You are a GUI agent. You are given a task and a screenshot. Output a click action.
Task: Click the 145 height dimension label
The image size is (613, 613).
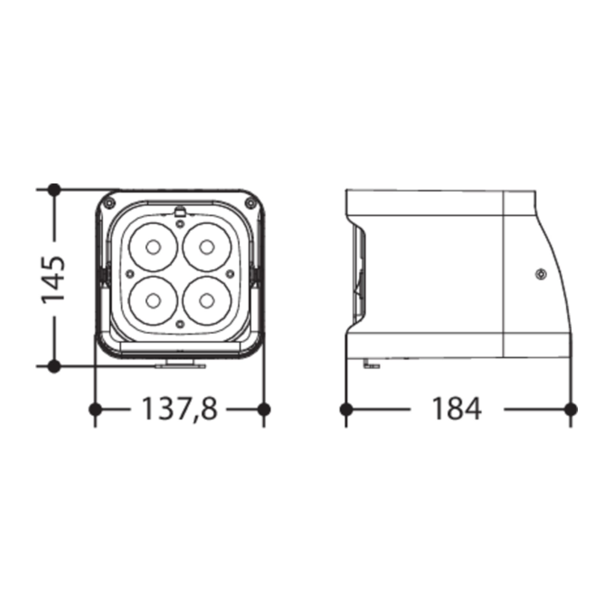click(53, 280)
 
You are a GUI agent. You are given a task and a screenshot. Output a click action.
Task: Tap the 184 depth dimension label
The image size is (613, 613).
click(456, 409)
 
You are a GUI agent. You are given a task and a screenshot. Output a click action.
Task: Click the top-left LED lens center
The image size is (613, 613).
click(153, 247)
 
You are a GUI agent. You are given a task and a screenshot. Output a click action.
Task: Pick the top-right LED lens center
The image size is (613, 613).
click(207, 247)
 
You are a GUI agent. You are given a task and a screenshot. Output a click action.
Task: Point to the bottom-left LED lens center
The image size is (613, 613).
click(153, 301)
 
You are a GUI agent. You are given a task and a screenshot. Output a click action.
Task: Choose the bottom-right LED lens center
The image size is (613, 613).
click(207, 300)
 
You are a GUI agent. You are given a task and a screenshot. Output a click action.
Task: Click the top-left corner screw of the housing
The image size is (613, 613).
click(110, 203)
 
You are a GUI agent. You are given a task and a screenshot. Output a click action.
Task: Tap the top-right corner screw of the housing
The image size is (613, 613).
click(251, 203)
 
